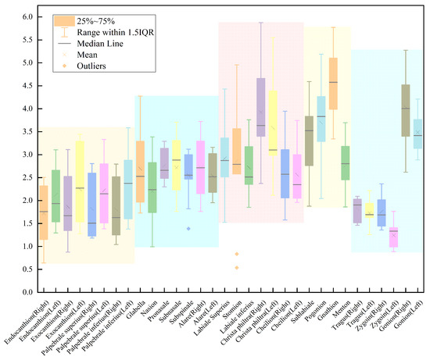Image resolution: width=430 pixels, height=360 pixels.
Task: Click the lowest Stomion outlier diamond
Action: (x=237, y=268)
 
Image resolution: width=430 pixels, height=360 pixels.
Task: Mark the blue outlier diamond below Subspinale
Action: (x=188, y=228)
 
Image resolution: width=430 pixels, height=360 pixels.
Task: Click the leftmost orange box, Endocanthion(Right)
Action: (x=44, y=212)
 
